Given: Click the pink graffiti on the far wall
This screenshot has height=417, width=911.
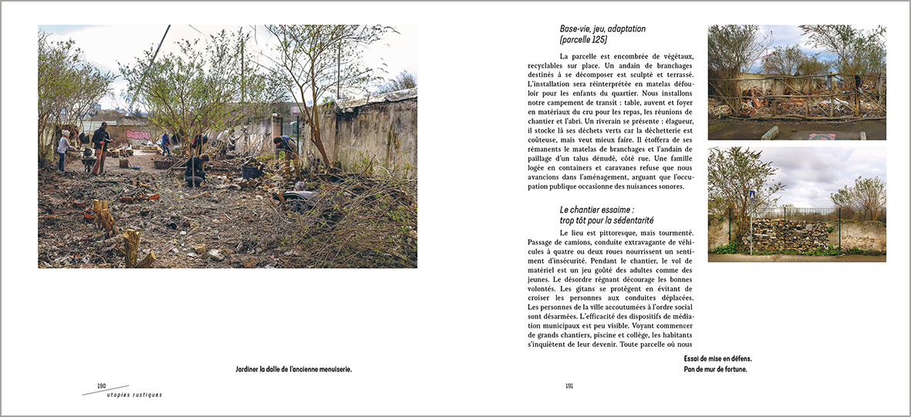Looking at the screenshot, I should [138, 134].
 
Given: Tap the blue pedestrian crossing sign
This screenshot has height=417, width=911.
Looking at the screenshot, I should [752, 196].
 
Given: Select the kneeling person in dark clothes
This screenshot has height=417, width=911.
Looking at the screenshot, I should [196, 168].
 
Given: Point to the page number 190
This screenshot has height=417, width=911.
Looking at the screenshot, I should [102, 385].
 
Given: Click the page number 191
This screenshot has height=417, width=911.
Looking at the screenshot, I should [569, 386].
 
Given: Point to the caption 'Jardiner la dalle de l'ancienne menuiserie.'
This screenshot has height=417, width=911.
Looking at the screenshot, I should [293, 370].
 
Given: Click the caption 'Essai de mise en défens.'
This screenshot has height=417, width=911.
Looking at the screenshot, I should [717, 358].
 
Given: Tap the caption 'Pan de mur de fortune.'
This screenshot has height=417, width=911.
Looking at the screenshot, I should [715, 369].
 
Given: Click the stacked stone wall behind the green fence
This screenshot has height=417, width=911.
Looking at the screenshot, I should [794, 234].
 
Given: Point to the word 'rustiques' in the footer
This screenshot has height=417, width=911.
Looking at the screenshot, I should [147, 395].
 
